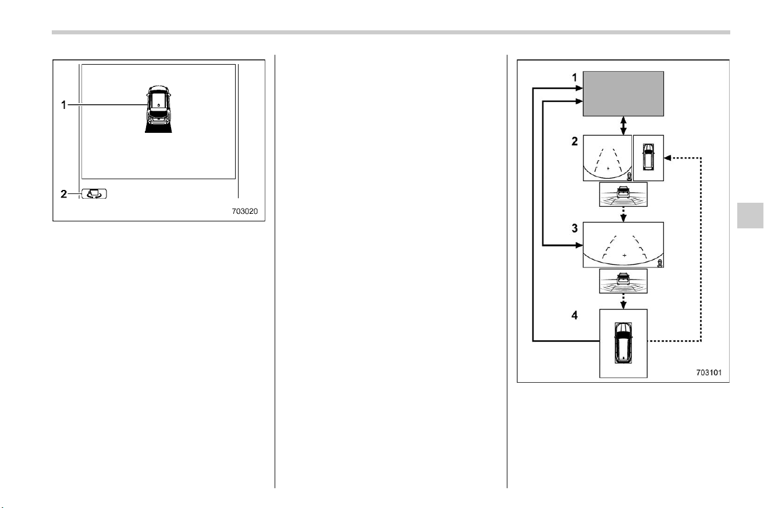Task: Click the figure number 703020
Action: point(244,211)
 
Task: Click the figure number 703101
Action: point(709,372)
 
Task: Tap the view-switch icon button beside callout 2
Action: point(94,194)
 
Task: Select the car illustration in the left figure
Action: point(159,109)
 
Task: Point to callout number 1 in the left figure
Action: point(63,105)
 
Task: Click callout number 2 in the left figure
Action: point(64,194)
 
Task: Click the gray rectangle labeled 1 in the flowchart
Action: point(623,94)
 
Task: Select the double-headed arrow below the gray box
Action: point(623,126)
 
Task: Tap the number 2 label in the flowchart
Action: point(575,141)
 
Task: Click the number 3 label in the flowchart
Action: point(575,228)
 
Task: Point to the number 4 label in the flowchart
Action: point(575,315)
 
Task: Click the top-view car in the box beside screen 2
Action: point(648,157)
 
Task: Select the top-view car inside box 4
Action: point(623,343)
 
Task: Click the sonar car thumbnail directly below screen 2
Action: point(623,194)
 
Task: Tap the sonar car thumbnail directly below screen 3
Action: point(623,281)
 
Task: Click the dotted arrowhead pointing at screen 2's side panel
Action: point(668,158)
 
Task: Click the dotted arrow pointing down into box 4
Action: point(623,301)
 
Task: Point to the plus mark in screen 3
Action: point(624,255)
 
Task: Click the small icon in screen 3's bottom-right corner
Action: point(660,263)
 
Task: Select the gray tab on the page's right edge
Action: point(750,216)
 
